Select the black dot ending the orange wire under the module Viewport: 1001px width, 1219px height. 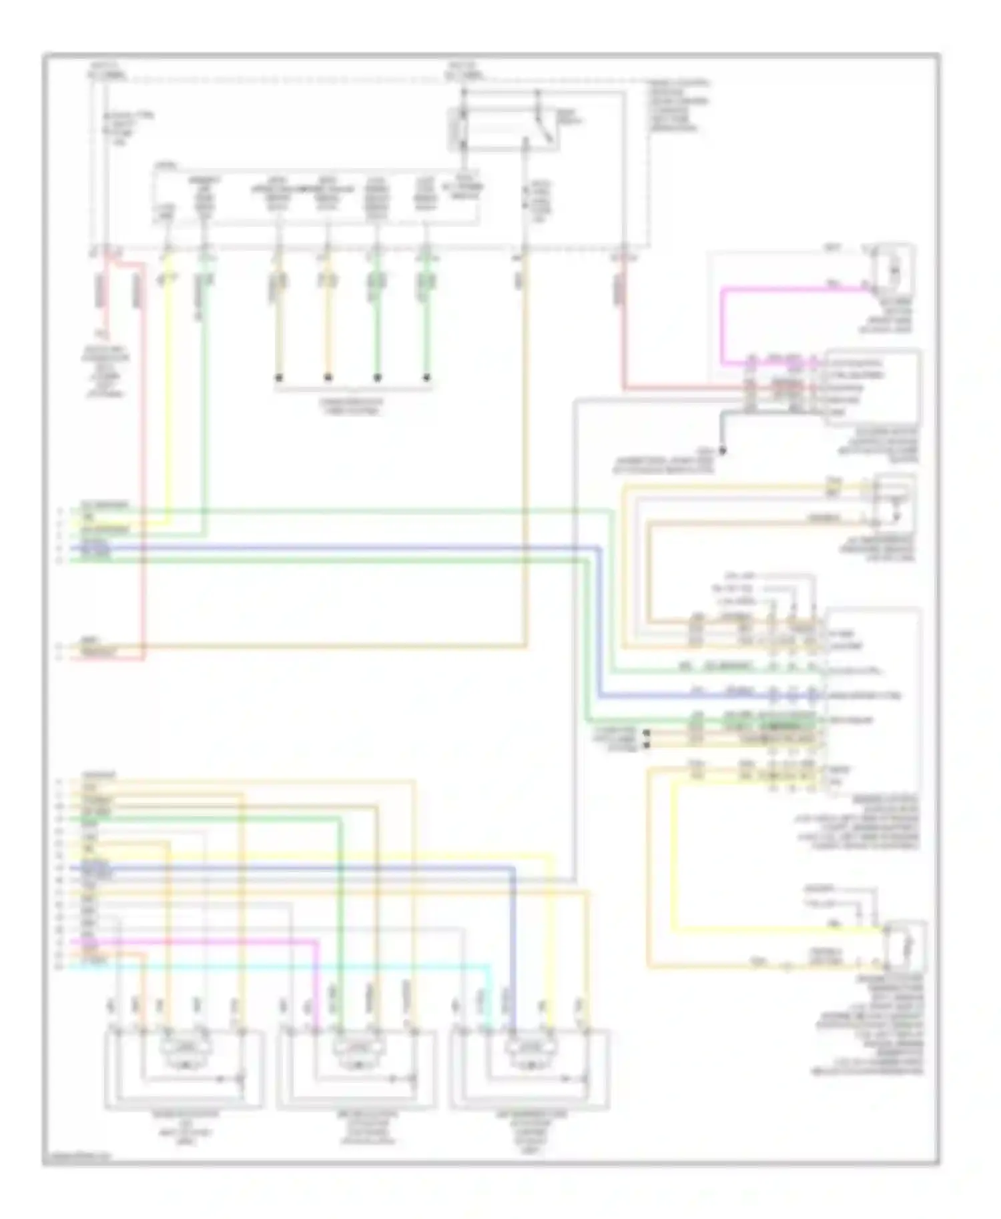[328, 378]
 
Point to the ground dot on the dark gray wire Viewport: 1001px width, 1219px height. [721, 451]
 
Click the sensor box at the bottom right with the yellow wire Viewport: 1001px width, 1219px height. [904, 947]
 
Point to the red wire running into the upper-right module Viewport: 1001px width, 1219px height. [625, 333]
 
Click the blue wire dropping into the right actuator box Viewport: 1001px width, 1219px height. [515, 947]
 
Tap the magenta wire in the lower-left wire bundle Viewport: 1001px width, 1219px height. [200, 942]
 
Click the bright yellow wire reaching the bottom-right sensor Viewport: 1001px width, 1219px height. [767, 928]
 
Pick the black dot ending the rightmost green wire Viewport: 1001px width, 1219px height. [426, 378]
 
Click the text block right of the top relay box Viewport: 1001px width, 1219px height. [678, 105]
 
